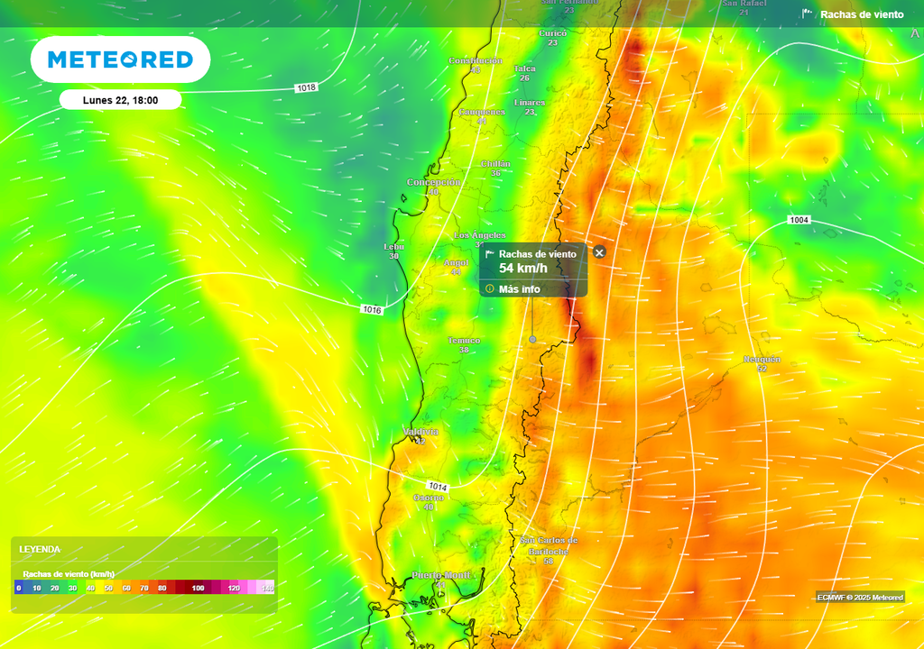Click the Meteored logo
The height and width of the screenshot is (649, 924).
pyautogui.click(x=120, y=59)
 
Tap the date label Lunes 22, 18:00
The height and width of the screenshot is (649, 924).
pyautogui.click(x=120, y=100)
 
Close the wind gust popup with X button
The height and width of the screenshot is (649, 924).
pyautogui.click(x=599, y=252)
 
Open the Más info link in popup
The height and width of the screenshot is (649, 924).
pyautogui.click(x=519, y=289)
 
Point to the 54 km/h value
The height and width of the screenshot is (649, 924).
pyautogui.click(x=523, y=269)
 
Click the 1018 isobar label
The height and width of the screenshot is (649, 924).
pyautogui.click(x=306, y=87)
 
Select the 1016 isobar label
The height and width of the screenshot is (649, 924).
pyautogui.click(x=373, y=309)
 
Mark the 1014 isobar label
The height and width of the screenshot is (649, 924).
pyautogui.click(x=438, y=487)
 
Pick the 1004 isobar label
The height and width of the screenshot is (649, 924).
pyautogui.click(x=799, y=220)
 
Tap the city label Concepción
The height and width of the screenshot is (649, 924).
pyautogui.click(x=433, y=182)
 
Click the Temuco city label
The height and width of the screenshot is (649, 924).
pyautogui.click(x=464, y=341)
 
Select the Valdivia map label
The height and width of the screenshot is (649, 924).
pyautogui.click(x=420, y=433)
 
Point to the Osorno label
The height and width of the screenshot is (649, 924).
pyautogui.click(x=428, y=498)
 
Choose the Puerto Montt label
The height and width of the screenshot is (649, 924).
pyautogui.click(x=441, y=575)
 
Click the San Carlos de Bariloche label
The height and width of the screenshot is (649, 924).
pyautogui.click(x=549, y=545)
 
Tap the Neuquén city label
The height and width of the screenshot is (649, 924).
pyautogui.click(x=762, y=359)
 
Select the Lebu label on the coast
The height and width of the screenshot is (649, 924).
pyautogui.click(x=393, y=246)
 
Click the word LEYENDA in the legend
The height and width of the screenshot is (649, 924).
pyautogui.click(x=40, y=549)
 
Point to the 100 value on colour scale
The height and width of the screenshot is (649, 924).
pyautogui.click(x=198, y=588)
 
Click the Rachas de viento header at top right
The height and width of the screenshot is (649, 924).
pyautogui.click(x=861, y=14)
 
